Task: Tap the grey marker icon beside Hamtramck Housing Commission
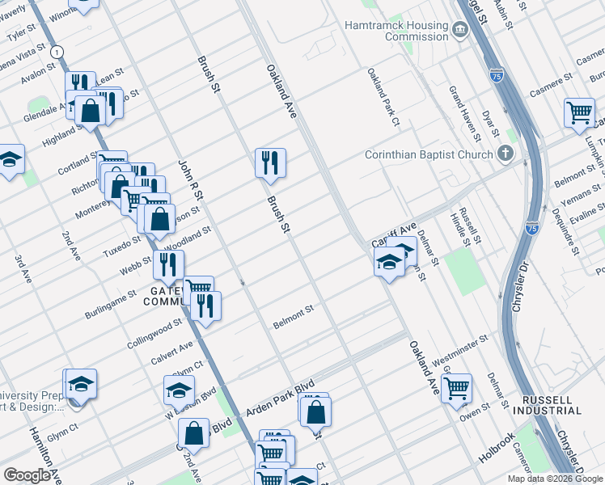pos(460,31)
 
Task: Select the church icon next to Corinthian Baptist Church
pos(505,154)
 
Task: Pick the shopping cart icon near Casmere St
pos(579,112)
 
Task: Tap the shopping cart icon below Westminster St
pos(456,387)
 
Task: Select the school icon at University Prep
pos(80,383)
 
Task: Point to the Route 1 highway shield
pos(56,51)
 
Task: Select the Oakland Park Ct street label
pos(383,97)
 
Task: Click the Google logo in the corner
pos(27,475)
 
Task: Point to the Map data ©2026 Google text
pos(555,479)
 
